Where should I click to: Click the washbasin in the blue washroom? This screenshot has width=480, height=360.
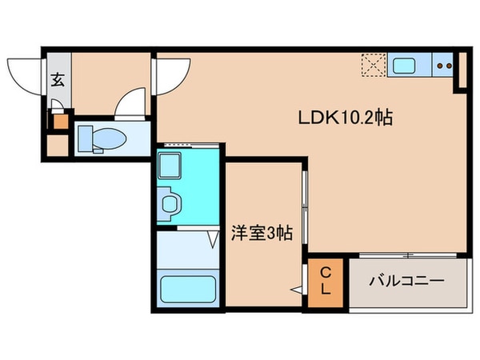click(170, 203)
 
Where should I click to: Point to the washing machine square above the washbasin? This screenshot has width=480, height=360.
click(170, 166)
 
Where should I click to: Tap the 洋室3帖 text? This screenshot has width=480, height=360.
click(262, 234)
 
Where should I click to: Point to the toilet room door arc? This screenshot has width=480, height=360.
click(128, 104)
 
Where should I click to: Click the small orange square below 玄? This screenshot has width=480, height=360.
click(57, 123)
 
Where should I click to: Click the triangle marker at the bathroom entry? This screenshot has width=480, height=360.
click(214, 238)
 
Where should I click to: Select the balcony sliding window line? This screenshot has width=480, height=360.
click(408, 255)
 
